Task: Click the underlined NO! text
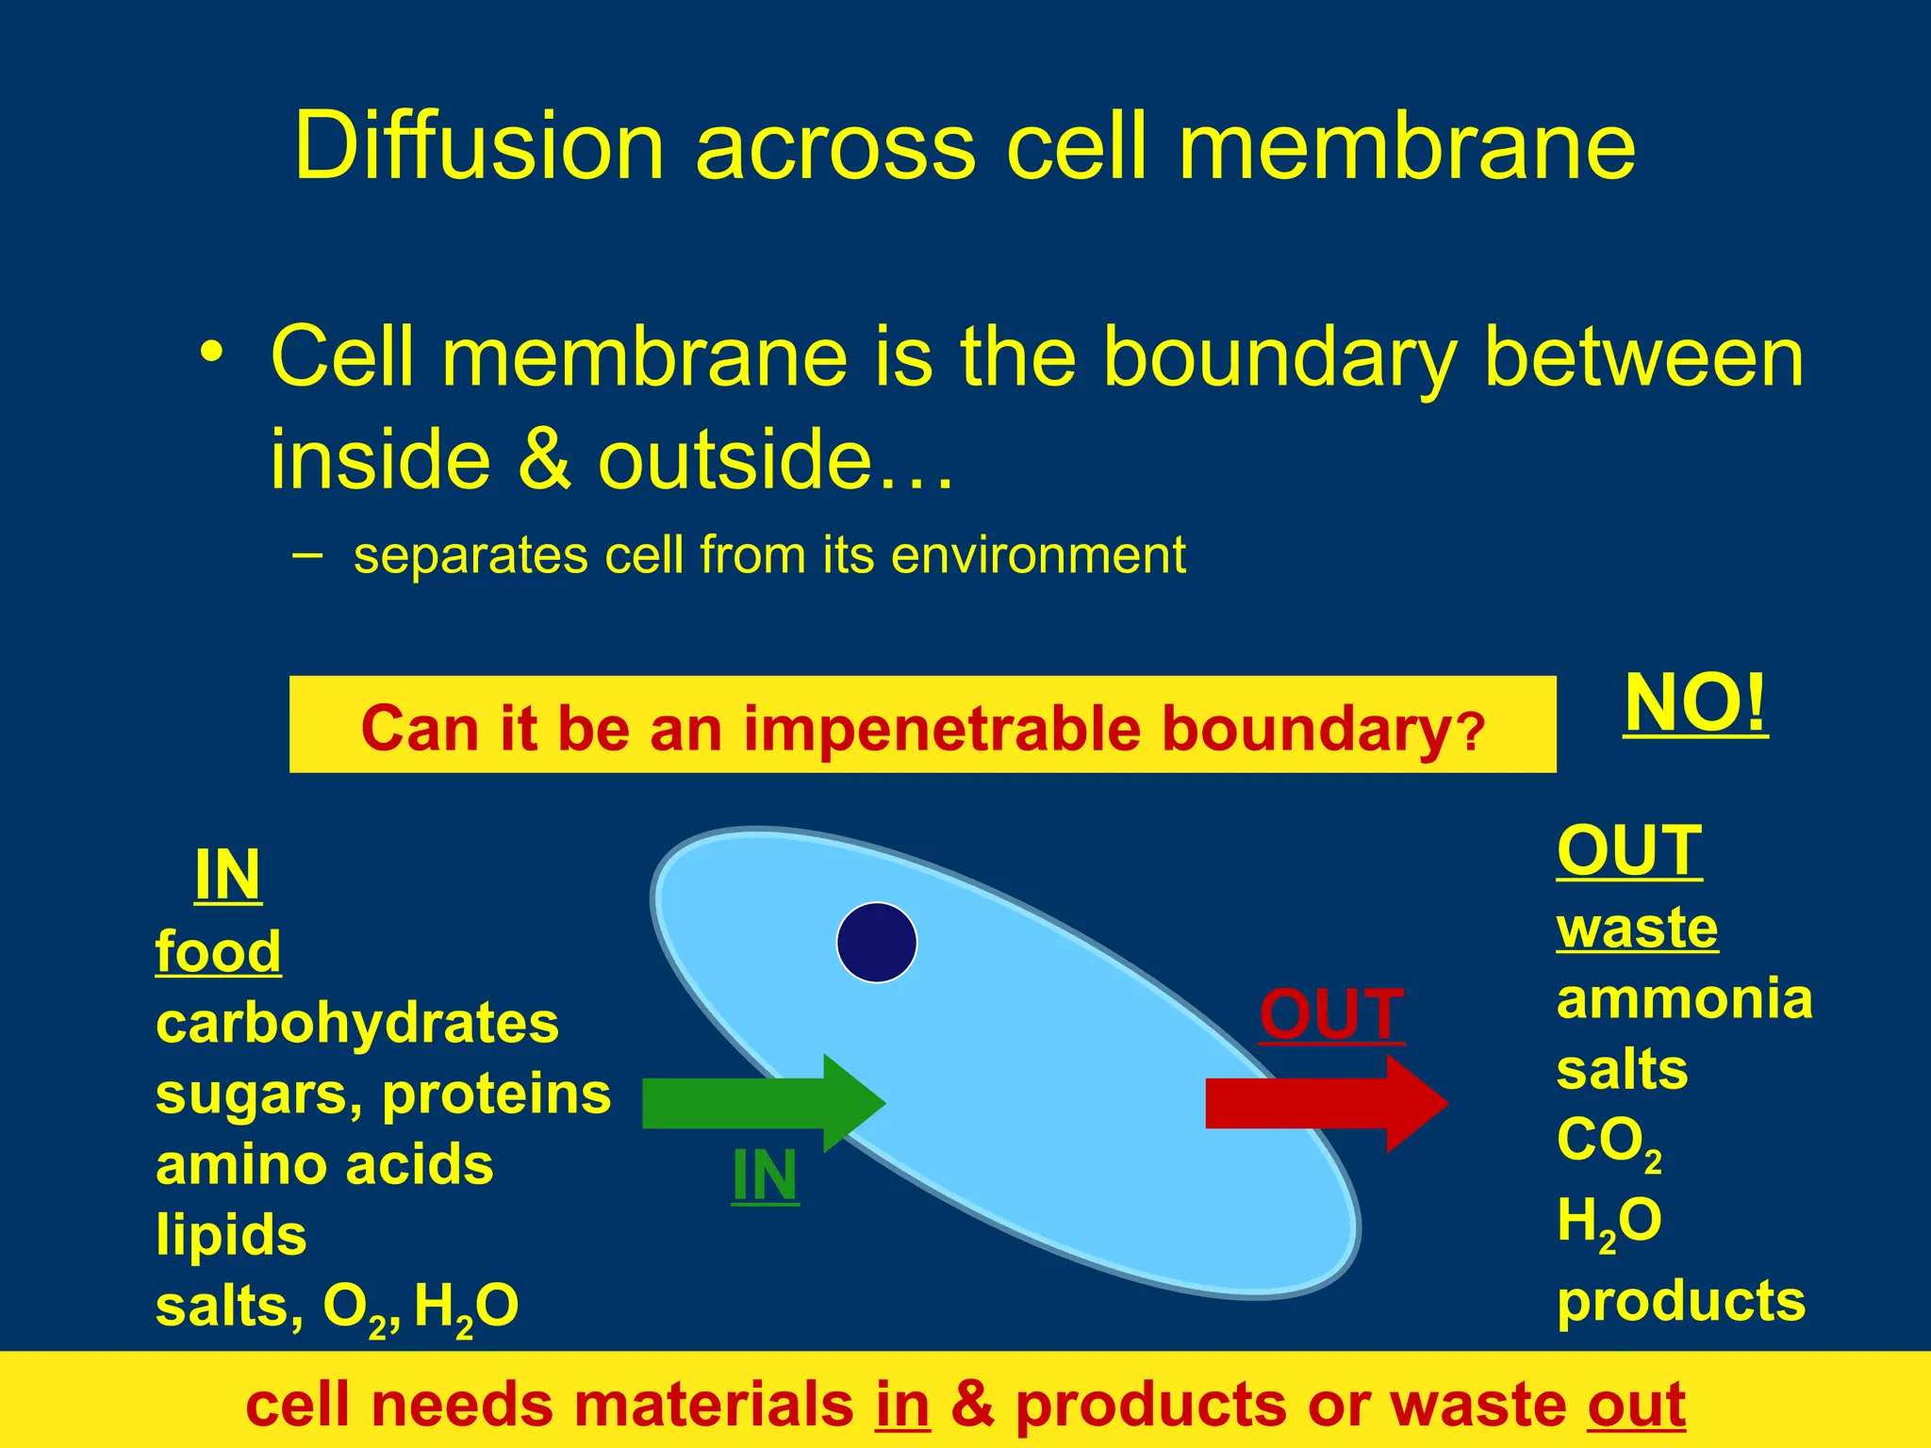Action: pos(1695,704)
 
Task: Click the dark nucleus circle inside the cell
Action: pos(877,943)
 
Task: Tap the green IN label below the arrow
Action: pos(765,1176)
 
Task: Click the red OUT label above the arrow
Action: pos(1331,1015)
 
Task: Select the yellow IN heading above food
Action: pos(227,876)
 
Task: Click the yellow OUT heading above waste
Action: pos(1628,851)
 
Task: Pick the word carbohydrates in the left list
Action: pos(356,1024)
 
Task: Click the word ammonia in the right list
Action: pos(1684,998)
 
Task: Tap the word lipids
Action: pos(231,1235)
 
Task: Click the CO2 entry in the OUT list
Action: pos(1608,1143)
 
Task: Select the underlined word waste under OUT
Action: pos(1637,929)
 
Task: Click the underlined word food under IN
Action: pos(218,951)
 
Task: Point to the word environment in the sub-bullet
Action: pos(1037,554)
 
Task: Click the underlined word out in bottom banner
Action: pos(1636,1405)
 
